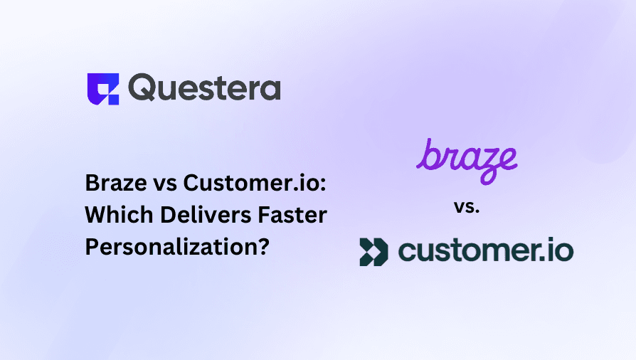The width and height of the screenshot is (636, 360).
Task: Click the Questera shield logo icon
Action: (103, 89)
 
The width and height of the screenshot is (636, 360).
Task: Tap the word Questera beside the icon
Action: (204, 88)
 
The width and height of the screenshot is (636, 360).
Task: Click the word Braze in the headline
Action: (116, 183)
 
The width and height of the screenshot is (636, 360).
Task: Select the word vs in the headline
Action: (165, 185)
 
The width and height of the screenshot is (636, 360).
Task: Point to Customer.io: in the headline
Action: (255, 183)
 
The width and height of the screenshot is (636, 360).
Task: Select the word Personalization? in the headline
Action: (177, 247)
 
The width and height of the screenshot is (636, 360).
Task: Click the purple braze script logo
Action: (467, 161)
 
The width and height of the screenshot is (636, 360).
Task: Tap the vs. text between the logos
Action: (467, 207)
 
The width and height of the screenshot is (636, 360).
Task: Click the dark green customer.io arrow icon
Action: (373, 252)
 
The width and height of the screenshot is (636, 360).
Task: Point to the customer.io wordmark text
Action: (486, 250)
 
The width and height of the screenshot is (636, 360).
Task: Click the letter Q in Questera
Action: (142, 88)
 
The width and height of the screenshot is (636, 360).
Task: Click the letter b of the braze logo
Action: (428, 154)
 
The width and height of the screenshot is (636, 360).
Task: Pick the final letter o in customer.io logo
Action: (563, 252)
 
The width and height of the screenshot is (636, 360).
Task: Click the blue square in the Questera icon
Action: (113, 100)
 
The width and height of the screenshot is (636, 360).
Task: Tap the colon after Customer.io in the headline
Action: (323, 186)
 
